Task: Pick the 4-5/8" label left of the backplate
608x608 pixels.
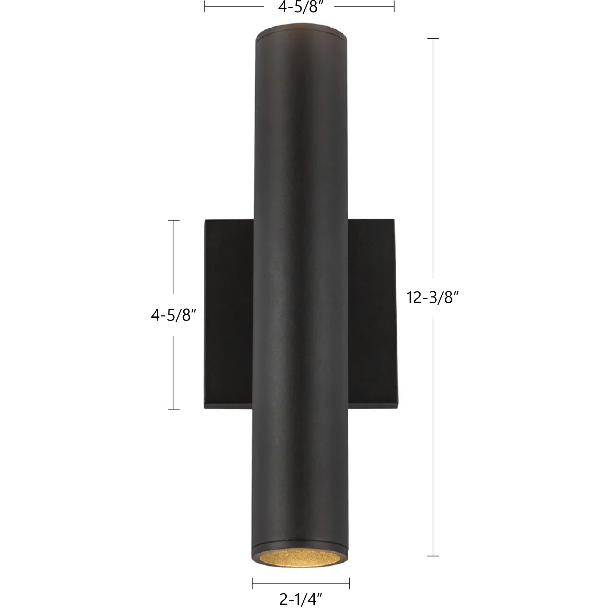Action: [x=174, y=315]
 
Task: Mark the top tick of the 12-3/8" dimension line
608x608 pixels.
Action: [x=433, y=38]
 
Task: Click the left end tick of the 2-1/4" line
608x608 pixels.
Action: [x=252, y=583]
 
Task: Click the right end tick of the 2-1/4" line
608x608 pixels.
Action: [x=349, y=583]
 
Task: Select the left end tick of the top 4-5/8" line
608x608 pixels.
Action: [x=204, y=6]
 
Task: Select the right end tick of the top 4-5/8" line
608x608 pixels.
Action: [x=394, y=6]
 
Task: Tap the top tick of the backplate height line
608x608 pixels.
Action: [x=174, y=220]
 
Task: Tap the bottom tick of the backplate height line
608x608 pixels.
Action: [x=174, y=409]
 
